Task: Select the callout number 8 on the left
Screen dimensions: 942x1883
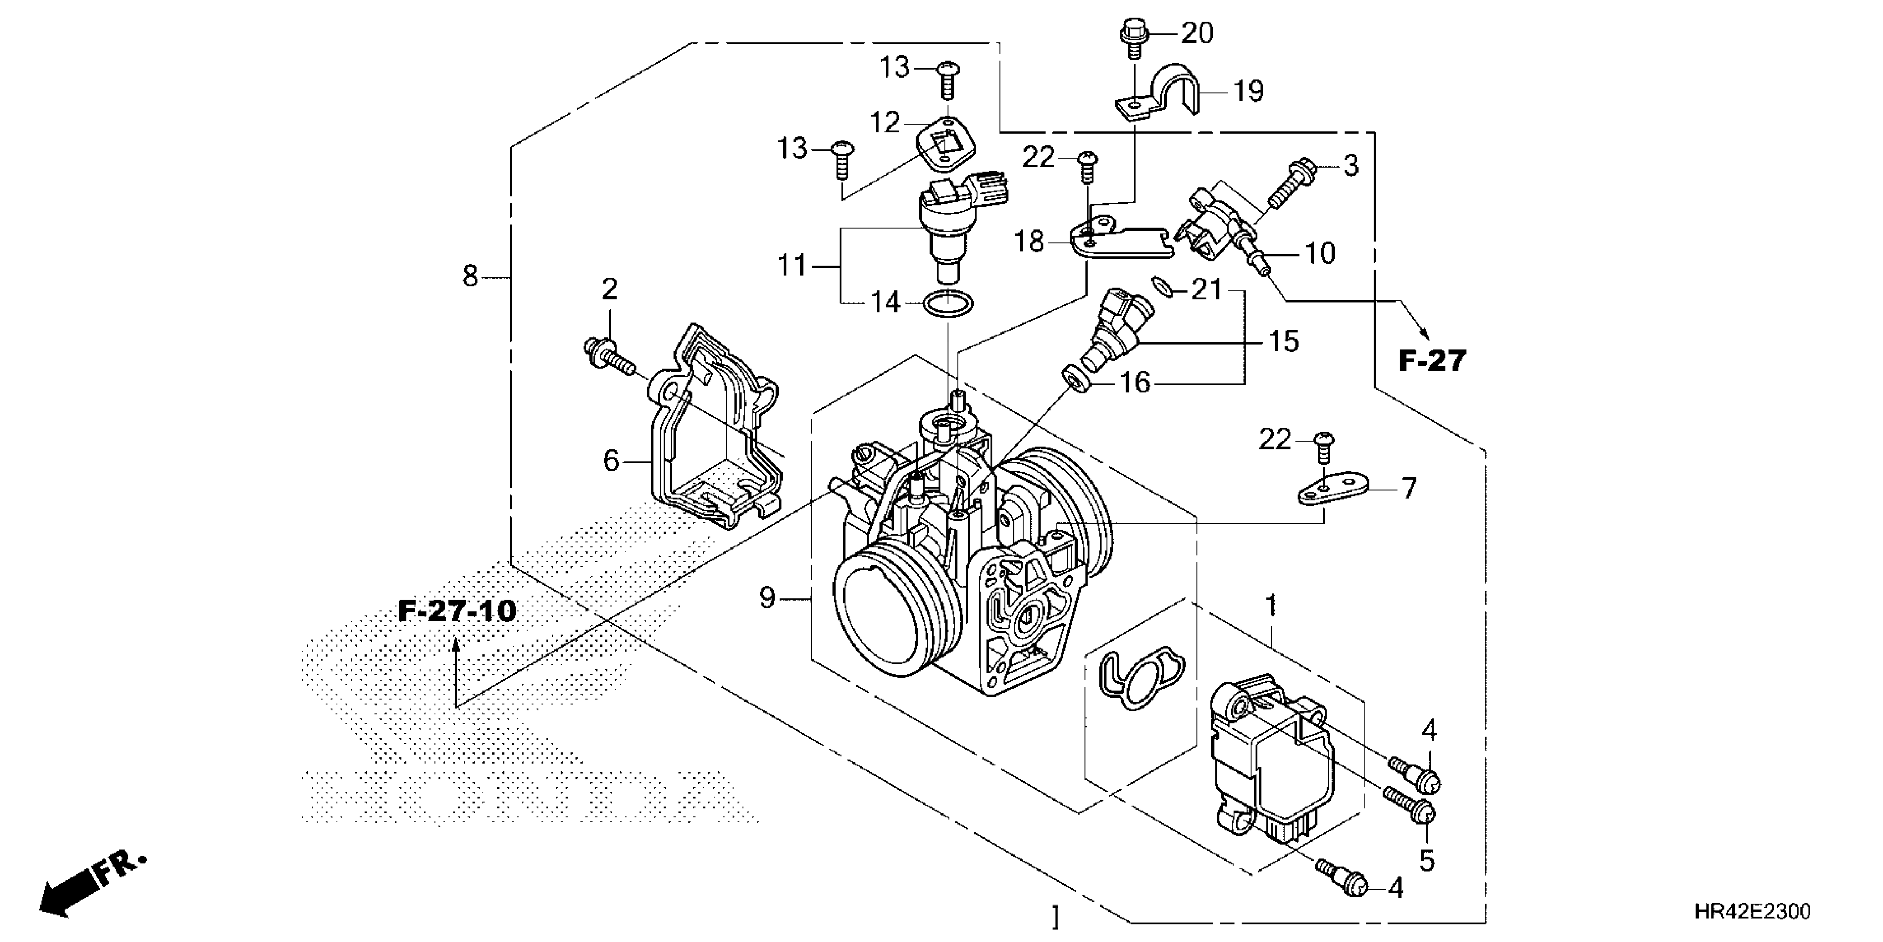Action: (470, 277)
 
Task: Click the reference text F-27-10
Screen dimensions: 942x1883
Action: (457, 611)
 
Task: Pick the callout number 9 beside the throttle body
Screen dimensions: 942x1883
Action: (766, 598)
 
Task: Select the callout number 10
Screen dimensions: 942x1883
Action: (1319, 253)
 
